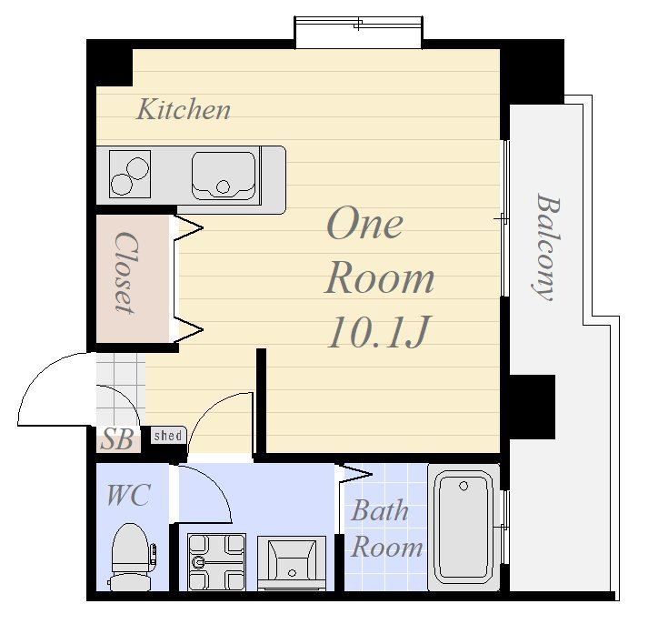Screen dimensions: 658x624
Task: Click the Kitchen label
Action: pos(184,109)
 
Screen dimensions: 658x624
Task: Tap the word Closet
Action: pos(125,273)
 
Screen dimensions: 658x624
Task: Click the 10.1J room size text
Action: pos(379,332)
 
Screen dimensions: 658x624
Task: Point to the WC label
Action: pos(128,495)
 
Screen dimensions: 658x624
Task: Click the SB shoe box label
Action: pos(118,439)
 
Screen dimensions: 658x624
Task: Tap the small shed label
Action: pos(168,436)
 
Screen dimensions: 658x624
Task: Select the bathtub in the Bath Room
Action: pos(464,528)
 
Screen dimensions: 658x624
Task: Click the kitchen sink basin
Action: pos(224,176)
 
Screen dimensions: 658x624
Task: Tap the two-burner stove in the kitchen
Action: pos(130,175)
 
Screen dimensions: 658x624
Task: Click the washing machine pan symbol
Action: pos(216,562)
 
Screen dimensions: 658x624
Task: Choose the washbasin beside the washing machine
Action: pos(292,563)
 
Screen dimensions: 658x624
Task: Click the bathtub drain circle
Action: pos(464,486)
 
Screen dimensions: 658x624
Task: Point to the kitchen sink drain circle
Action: pos(224,186)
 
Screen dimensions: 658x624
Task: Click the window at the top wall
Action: pos(358,33)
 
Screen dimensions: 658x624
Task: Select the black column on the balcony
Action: pos(532,407)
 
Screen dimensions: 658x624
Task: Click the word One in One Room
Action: pos(364,224)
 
